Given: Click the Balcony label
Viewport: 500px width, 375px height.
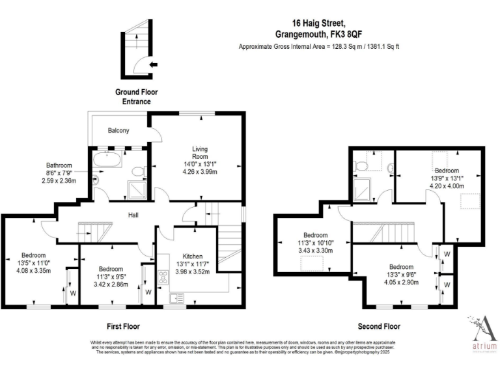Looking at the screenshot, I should click(x=118, y=131).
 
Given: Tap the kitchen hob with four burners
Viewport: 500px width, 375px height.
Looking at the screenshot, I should click(x=162, y=277).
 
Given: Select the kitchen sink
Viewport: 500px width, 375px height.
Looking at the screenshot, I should click(x=176, y=298).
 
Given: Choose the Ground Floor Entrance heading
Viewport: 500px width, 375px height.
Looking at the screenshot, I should click(x=136, y=97).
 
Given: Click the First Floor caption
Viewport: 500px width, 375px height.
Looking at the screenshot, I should click(x=122, y=326).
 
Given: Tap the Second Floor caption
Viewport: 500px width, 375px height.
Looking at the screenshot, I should click(x=379, y=326).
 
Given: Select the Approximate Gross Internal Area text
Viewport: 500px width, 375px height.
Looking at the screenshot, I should click(x=318, y=47).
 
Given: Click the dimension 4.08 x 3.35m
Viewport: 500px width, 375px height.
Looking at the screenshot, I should click(x=33, y=271).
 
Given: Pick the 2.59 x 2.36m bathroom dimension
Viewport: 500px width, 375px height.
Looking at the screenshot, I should click(x=58, y=181).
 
